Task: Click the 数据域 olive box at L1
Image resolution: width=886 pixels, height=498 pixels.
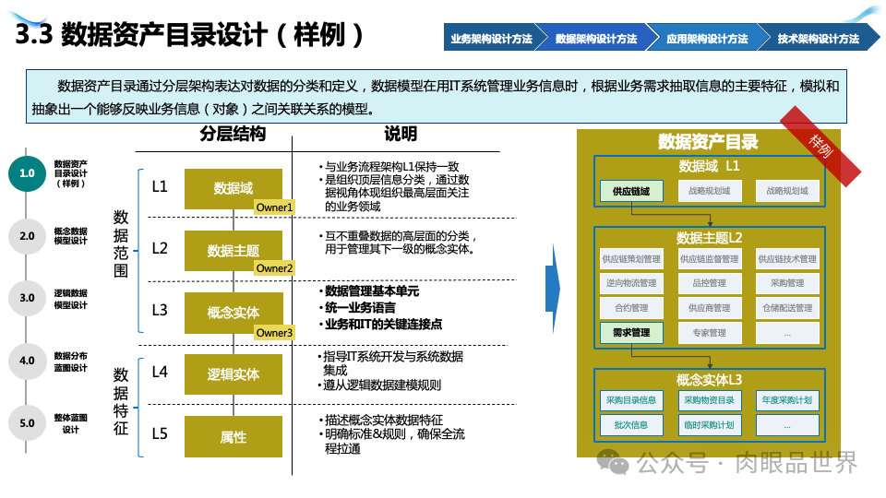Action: click(233, 188)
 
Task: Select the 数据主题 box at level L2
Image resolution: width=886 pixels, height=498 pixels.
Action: click(233, 250)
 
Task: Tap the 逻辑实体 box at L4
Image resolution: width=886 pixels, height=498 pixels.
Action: click(233, 374)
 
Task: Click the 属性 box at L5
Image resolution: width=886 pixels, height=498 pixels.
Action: click(233, 436)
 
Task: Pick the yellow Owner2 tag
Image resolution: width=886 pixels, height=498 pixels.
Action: click(274, 268)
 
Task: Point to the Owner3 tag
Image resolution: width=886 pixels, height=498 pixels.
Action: click(274, 332)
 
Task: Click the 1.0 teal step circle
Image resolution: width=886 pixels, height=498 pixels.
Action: click(27, 173)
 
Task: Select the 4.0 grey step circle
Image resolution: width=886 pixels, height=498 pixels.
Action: click(27, 361)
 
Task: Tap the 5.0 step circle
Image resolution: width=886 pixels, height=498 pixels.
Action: click(27, 423)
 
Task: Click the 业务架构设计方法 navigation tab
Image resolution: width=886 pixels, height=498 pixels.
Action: click(491, 39)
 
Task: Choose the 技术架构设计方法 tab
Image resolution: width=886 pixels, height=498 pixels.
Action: click(818, 39)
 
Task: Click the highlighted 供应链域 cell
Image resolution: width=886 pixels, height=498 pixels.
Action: click(631, 191)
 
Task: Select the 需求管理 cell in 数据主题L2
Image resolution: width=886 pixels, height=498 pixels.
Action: click(631, 332)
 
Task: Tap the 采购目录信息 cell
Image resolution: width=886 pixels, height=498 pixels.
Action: click(631, 400)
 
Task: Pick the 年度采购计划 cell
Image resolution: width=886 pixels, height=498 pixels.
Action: click(786, 400)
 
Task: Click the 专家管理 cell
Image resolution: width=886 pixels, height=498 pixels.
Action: click(709, 332)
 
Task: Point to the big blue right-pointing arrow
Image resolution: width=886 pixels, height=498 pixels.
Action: click(552, 291)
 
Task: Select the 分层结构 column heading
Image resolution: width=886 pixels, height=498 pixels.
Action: click(233, 134)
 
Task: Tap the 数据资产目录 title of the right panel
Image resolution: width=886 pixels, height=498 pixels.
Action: click(708, 142)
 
